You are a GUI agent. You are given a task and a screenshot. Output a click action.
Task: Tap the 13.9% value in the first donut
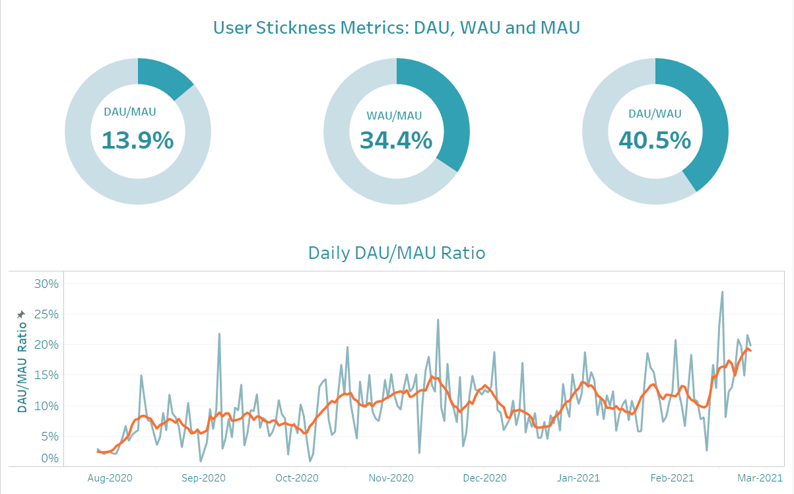point(137,140)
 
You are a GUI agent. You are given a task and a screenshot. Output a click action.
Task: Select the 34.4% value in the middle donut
point(396,140)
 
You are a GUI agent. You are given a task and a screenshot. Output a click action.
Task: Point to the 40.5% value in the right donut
point(655,140)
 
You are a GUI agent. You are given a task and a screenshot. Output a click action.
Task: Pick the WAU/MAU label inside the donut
point(394,116)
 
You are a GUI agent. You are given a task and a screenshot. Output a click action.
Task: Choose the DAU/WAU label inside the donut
point(655,114)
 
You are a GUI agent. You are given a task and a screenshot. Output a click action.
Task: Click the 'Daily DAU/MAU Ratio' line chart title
point(397,252)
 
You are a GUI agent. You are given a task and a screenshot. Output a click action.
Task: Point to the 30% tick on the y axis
point(46,284)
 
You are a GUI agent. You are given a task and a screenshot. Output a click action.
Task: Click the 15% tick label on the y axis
point(46,375)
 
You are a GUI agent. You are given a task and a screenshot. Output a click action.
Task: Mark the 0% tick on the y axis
point(50,458)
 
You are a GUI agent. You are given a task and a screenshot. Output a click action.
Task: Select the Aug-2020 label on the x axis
point(106,477)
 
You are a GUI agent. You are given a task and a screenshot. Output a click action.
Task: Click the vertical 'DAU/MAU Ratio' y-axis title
point(22,367)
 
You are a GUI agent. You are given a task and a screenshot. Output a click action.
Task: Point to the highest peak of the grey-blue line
point(722,291)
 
